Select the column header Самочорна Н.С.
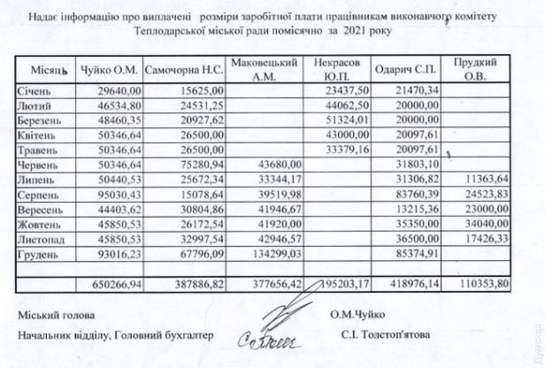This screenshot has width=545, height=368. coord(184,70)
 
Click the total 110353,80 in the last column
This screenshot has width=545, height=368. coord(483,285)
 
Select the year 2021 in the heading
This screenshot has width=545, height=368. coord(355,31)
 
